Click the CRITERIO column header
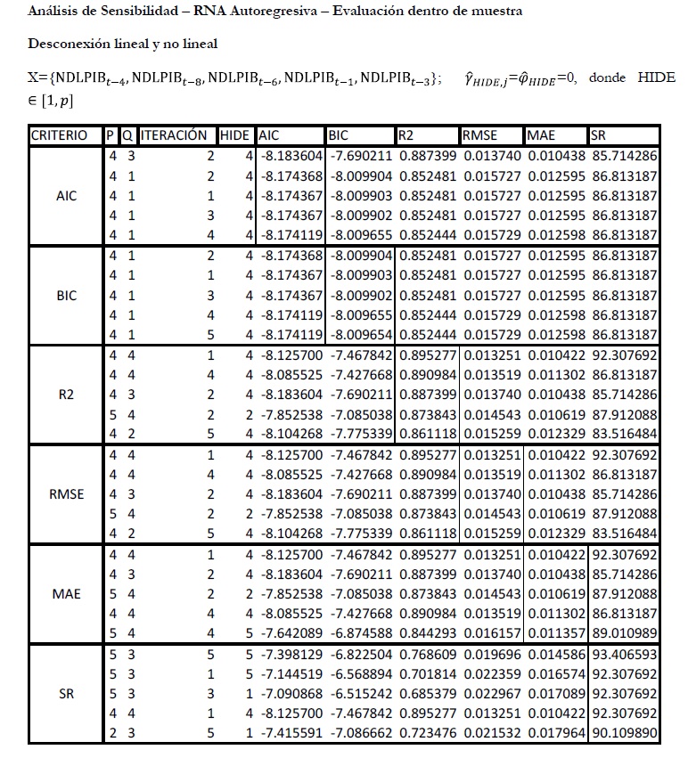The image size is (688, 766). pyautogui.click(x=59, y=136)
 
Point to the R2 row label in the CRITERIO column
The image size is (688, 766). pyautogui.click(x=66, y=395)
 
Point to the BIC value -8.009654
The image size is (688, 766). pyautogui.click(x=360, y=335)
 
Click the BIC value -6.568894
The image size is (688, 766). pyautogui.click(x=360, y=674)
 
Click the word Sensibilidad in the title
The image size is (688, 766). pyautogui.click(x=121, y=12)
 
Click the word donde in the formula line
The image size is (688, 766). pyautogui.click(x=608, y=77)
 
